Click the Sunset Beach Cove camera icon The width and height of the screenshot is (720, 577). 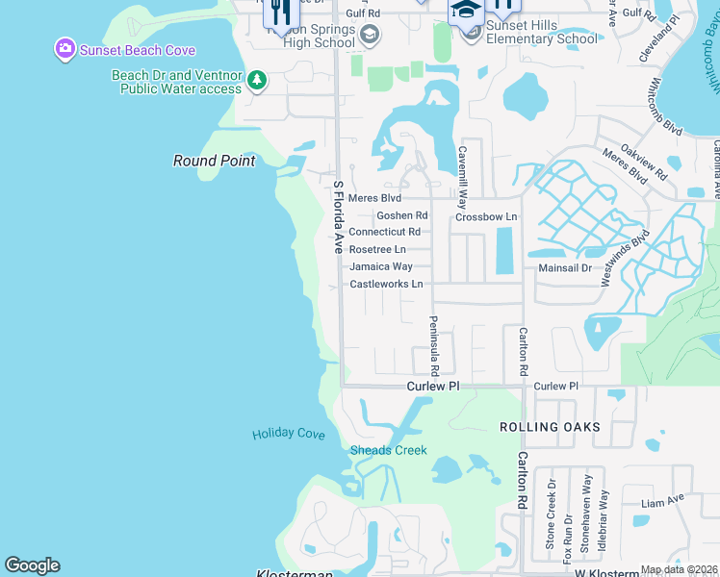pyautogui.click(x=65, y=49)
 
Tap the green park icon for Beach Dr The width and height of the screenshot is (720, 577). pyautogui.click(x=257, y=81)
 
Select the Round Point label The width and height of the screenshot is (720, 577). pyautogui.click(x=215, y=161)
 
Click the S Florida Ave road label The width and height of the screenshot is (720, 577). pyautogui.click(x=338, y=216)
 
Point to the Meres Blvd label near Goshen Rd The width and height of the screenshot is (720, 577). pyautogui.click(x=374, y=198)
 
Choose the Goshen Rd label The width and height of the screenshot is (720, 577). pyautogui.click(x=401, y=215)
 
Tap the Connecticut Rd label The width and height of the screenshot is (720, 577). pyautogui.click(x=384, y=232)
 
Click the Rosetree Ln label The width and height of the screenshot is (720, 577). pyautogui.click(x=377, y=249)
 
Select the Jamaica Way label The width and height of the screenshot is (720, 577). pyautogui.click(x=381, y=266)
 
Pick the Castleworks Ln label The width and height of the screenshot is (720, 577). pyautogui.click(x=386, y=284)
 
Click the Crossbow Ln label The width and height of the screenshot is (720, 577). pyautogui.click(x=486, y=216)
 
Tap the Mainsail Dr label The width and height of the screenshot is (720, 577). pyautogui.click(x=565, y=268)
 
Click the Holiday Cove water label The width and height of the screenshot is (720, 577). pyautogui.click(x=289, y=434)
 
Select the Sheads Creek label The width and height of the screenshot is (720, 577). pyautogui.click(x=388, y=450)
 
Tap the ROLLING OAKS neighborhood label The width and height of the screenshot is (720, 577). pyautogui.click(x=550, y=426)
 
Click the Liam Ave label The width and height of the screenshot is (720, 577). pyautogui.click(x=662, y=501)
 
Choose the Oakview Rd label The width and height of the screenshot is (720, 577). pyautogui.click(x=643, y=162)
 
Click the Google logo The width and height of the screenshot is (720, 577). pyautogui.click(x=32, y=565)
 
